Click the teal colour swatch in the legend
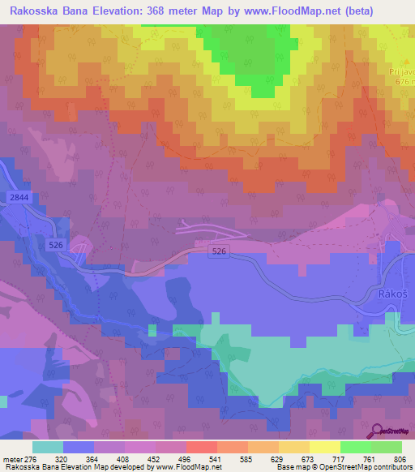[x=48, y=446]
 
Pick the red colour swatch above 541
[x=201, y=446]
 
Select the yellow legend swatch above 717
[x=324, y=446]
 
